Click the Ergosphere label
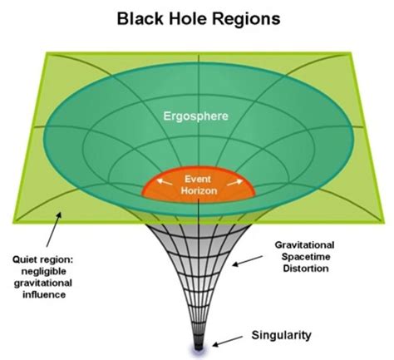coord(199,116)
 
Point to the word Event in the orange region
coord(197,178)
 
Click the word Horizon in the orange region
coord(197,190)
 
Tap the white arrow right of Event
coord(232,181)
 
